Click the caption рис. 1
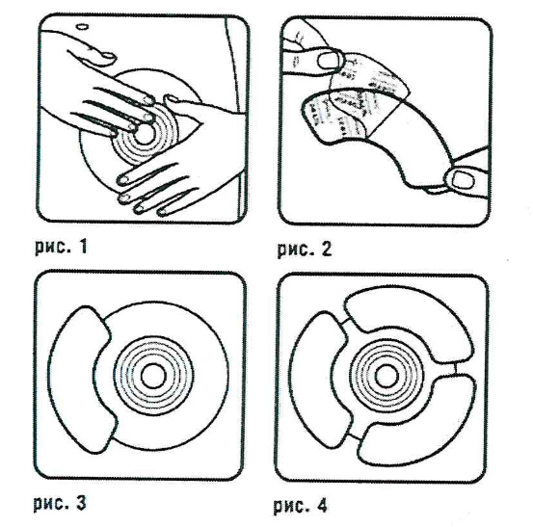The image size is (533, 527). [x=61, y=247]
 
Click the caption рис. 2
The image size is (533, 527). [x=305, y=250]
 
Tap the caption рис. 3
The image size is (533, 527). [x=60, y=503]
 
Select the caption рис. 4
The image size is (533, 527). [x=301, y=506]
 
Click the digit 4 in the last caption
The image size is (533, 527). [x=321, y=505]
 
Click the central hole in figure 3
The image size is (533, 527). [x=153, y=376]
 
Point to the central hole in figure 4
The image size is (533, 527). [x=386, y=377]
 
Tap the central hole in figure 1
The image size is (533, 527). [x=145, y=134]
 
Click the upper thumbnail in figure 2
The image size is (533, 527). [x=329, y=61]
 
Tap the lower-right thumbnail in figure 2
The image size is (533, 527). [x=463, y=179]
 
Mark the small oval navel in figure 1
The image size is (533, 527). [x=83, y=27]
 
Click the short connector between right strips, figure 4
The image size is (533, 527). [x=455, y=369]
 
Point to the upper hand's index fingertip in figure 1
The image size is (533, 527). [x=147, y=99]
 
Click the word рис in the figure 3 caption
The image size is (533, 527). [x=49, y=504]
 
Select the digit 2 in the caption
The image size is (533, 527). [x=326, y=250]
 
